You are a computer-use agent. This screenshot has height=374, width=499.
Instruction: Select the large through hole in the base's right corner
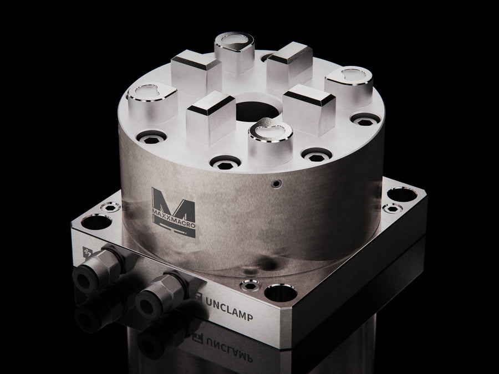(402, 194)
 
